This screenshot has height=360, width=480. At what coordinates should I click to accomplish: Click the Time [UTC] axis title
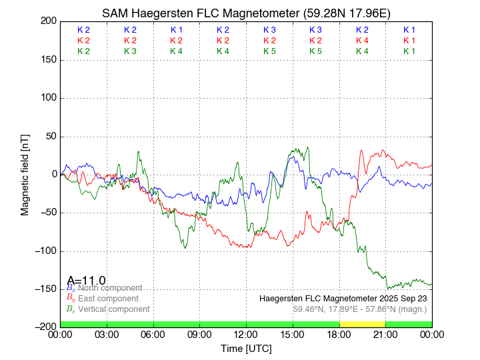click(246, 348)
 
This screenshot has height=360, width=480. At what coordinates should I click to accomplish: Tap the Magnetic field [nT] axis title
click(25, 173)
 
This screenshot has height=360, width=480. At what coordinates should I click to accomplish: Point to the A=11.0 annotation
click(86, 280)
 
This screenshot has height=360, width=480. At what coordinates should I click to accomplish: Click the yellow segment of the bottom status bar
click(362, 324)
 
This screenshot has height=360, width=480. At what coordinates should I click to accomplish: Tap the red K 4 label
click(362, 41)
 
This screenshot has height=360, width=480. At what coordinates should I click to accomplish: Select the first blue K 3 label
click(269, 30)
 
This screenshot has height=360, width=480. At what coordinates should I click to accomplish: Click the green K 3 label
click(130, 51)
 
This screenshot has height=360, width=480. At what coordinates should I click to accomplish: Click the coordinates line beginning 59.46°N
click(360, 309)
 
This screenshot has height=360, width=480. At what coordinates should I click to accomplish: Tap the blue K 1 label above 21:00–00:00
click(409, 30)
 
